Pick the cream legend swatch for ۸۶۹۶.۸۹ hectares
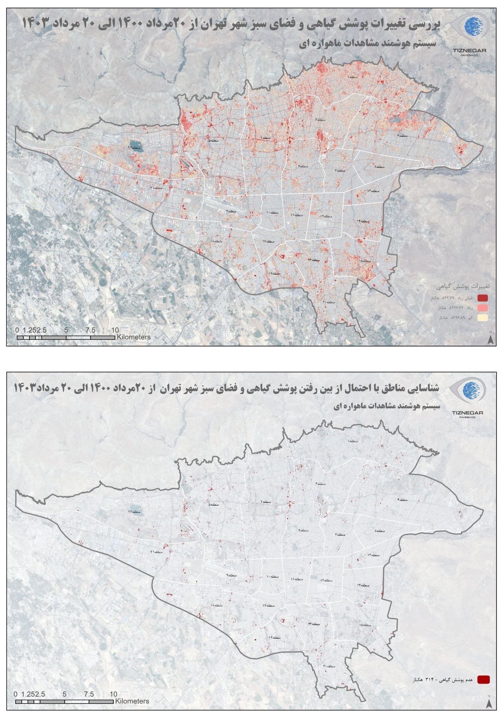coord(483,317)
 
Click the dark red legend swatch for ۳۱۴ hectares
coord(483,679)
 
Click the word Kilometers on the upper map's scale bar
coord(133,337)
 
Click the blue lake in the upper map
coord(135,147)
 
